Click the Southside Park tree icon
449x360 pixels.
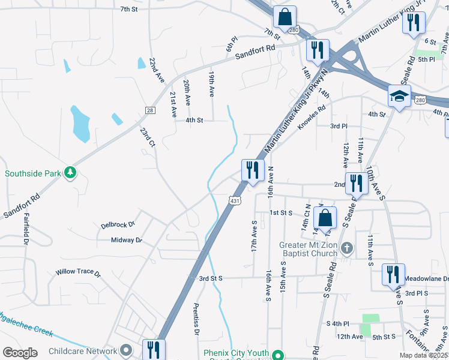click(71, 173)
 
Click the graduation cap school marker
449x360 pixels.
click(399, 95)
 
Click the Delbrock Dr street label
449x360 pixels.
click(118, 225)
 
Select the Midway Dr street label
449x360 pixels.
click(126, 240)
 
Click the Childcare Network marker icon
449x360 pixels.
click(125, 350)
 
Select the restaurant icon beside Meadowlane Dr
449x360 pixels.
click(393, 274)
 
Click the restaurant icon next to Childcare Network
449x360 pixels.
click(153, 349)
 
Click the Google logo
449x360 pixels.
click(20, 352)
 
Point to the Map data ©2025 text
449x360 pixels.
click(424, 355)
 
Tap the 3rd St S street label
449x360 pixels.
click(211, 278)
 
